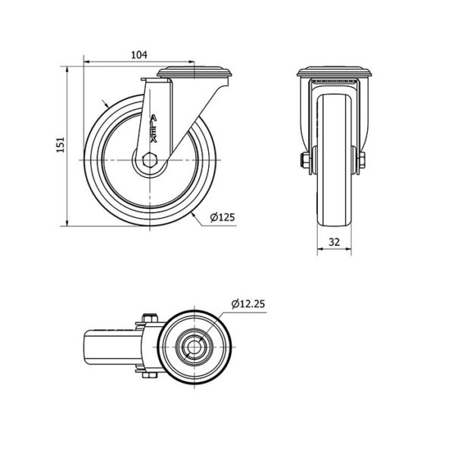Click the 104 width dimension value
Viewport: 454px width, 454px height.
(x=139, y=54)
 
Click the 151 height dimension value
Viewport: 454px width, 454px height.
(x=61, y=145)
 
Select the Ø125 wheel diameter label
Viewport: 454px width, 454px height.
(x=222, y=217)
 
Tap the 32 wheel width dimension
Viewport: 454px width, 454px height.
(x=334, y=242)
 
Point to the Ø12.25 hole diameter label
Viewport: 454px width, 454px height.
(x=248, y=303)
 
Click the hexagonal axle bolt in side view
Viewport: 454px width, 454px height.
(x=150, y=160)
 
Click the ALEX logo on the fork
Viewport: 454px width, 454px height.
(x=154, y=129)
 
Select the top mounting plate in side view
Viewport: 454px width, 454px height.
(x=194, y=72)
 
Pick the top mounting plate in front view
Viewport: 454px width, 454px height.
(x=334, y=72)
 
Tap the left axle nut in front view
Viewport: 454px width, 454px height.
(x=305, y=160)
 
